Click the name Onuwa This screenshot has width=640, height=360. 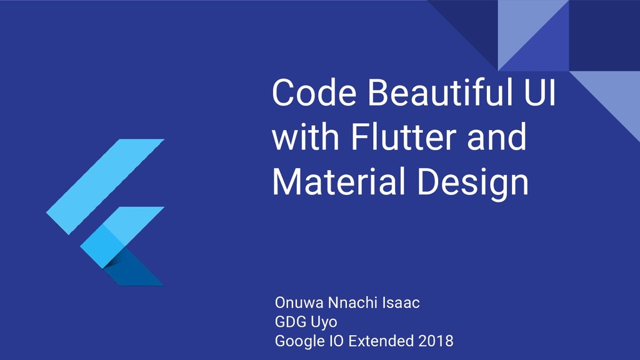click(299, 304)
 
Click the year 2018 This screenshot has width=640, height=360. click(436, 341)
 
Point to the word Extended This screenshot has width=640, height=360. click(381, 341)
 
